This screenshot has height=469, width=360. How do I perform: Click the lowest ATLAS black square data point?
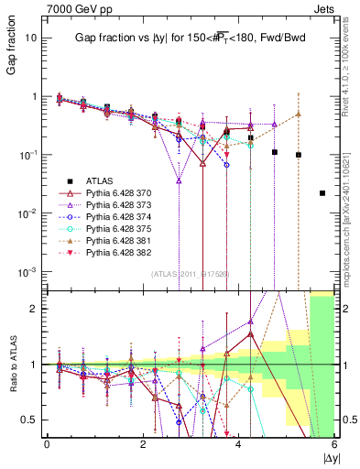(x=322, y=193)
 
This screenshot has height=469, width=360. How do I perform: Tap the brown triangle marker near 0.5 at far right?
(x=298, y=114)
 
